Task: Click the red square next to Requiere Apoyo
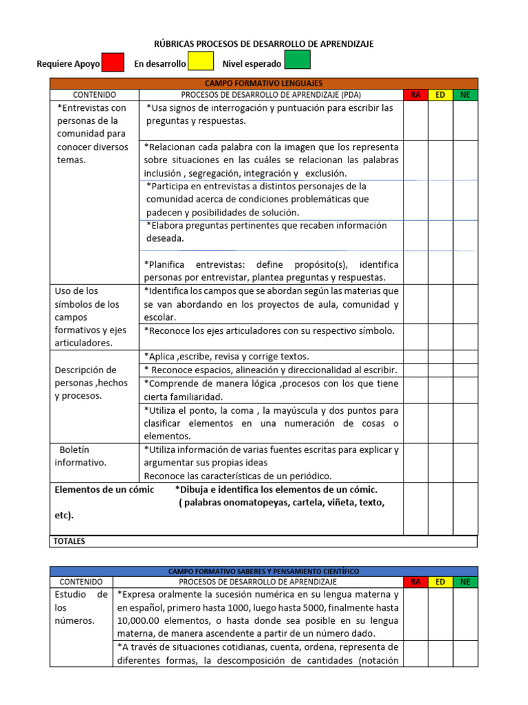113,62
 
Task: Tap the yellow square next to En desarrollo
201,62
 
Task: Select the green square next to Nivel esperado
297,61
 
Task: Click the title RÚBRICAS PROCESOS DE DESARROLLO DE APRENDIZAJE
264,44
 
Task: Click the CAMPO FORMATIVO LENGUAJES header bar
263,83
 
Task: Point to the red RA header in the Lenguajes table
415,95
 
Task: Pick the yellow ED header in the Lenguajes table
440,95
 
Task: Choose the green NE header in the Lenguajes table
465,95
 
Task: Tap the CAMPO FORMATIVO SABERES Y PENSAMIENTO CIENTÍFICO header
263,571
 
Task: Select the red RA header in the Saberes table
415,582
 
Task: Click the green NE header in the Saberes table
465,582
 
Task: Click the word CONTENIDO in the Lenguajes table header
94,95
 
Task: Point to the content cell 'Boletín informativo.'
80,456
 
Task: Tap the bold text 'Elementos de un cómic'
104,490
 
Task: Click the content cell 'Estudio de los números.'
81,607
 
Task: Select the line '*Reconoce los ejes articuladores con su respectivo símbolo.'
269,330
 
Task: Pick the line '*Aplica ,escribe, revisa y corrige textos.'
227,357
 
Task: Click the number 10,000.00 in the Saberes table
141,621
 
